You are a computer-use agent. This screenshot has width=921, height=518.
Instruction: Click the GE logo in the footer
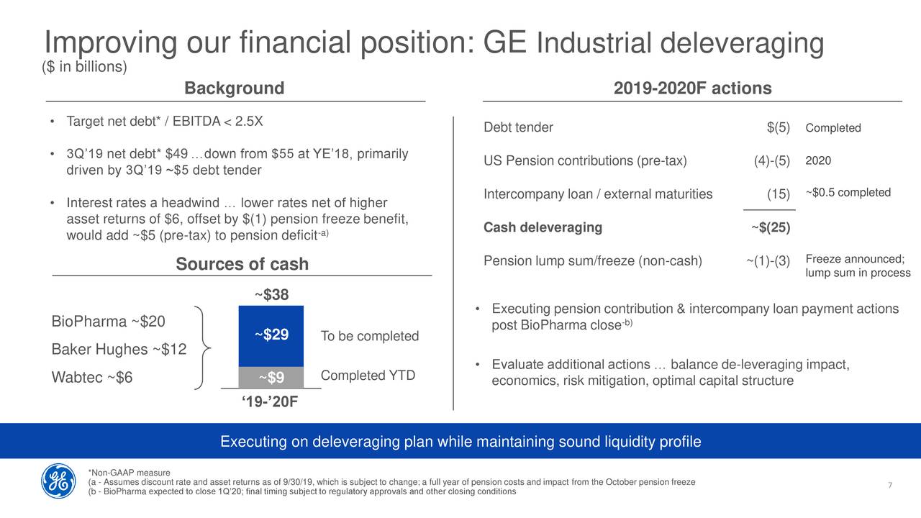pos(58,481)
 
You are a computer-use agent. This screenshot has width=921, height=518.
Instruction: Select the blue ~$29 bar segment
pos(271,335)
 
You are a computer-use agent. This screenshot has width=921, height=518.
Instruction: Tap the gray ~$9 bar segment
pos(271,377)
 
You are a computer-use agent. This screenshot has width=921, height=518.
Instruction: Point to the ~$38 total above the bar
pos(271,294)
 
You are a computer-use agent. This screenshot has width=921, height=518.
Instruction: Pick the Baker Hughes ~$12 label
pos(119,350)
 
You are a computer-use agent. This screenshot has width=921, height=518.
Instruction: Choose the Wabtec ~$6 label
pos(92,378)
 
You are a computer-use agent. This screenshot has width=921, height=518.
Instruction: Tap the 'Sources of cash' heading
pos(242,264)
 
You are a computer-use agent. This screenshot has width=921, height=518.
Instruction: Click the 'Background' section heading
pos(234,88)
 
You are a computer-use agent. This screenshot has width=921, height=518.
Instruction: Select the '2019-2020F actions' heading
pos(692,88)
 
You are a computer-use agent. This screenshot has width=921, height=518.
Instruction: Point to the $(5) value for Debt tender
pos(778,127)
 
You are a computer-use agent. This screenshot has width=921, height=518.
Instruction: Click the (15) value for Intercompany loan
pos(779,194)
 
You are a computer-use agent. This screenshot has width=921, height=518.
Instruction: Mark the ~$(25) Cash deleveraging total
pos(771,227)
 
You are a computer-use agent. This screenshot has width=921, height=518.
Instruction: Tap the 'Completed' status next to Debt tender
pos(833,128)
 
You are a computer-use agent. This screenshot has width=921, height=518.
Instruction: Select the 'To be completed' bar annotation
pos(370,337)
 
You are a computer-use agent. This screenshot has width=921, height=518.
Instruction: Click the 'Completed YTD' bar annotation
pos(368,376)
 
